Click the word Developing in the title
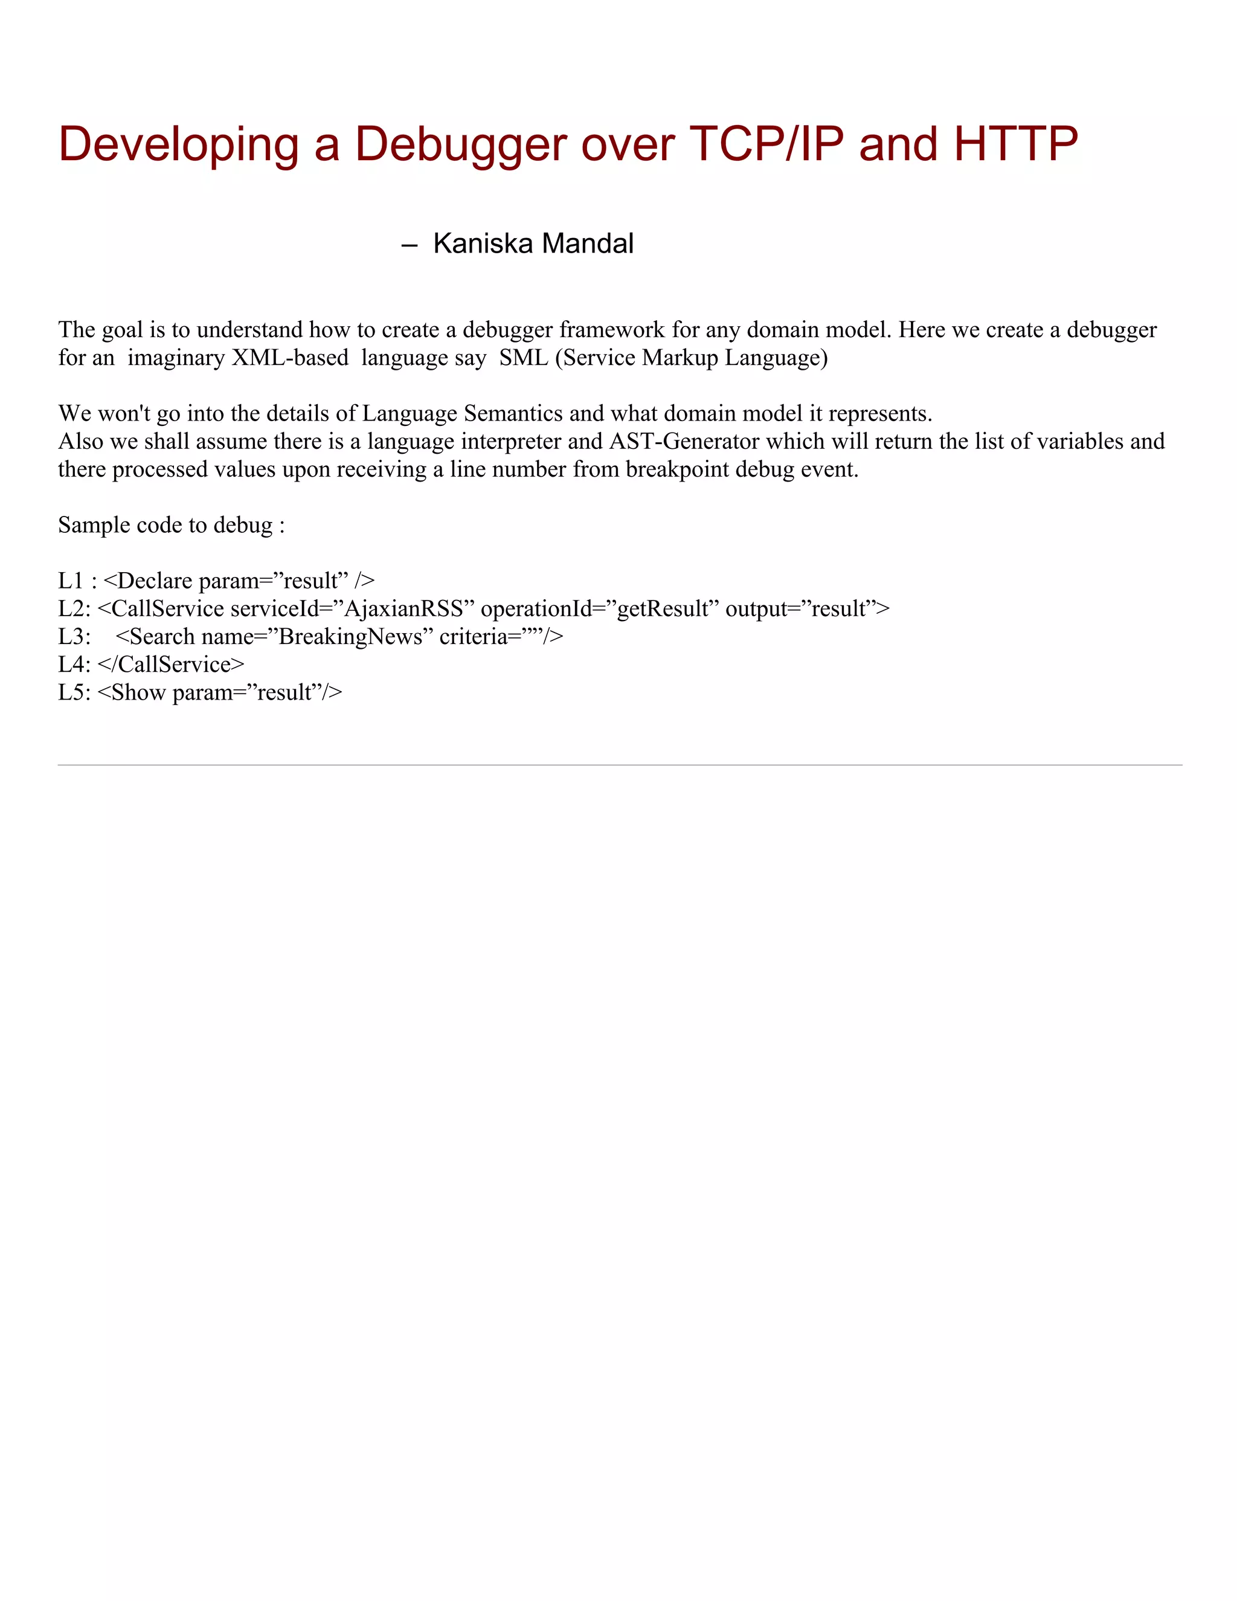click(178, 144)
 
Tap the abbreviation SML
click(523, 358)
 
